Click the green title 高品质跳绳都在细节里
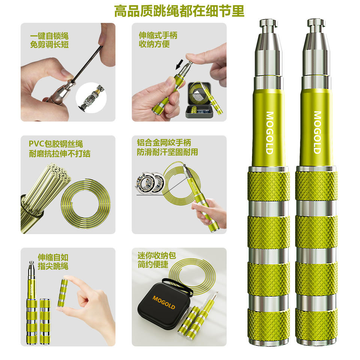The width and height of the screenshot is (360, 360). click(179, 10)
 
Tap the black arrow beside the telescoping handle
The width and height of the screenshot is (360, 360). click(179, 64)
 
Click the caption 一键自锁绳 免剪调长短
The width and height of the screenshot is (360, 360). click(49, 40)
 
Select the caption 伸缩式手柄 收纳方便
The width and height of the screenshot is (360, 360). click(158, 40)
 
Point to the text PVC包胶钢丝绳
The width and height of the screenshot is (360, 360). click(56, 144)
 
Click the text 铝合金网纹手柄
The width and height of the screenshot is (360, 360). click(164, 142)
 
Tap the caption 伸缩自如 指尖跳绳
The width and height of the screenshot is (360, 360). click(53, 262)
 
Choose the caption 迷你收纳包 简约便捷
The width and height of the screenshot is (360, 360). click(157, 260)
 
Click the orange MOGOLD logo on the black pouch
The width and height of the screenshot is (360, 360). click(164, 302)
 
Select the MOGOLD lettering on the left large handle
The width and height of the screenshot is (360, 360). click(270, 133)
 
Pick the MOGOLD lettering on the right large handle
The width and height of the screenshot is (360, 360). click(317, 132)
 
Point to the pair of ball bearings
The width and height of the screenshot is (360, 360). click(150, 183)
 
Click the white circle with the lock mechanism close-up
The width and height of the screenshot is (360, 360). click(91, 97)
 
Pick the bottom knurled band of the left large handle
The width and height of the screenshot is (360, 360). click(268, 326)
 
